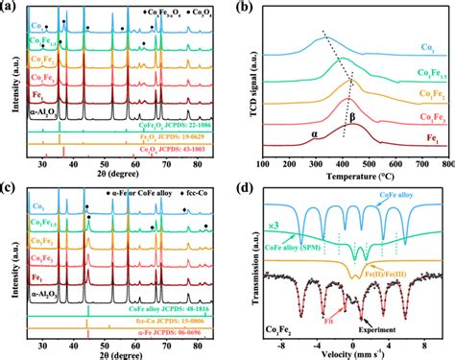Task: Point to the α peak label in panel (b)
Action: [x=313, y=135]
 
